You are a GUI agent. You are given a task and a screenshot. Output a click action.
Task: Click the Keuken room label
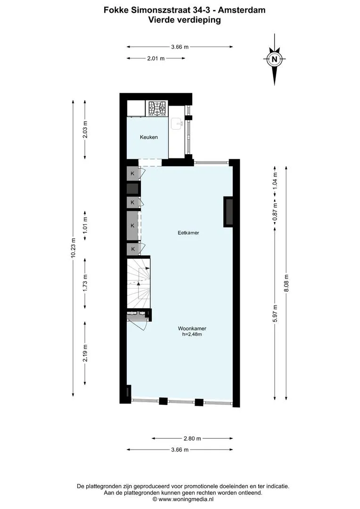pyautogui.click(x=149, y=137)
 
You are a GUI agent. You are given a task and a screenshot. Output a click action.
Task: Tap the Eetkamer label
pyautogui.click(x=188, y=232)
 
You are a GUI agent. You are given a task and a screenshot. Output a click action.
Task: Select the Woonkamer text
pyautogui.click(x=192, y=328)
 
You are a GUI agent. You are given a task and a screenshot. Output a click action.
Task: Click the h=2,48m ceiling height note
pyautogui.click(x=192, y=334)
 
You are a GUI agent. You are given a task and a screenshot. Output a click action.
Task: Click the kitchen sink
pyautogui.click(x=177, y=123)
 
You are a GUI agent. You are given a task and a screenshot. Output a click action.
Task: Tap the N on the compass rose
pyautogui.click(x=275, y=59)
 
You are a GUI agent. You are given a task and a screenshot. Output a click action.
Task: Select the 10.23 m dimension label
pyautogui.click(x=73, y=248)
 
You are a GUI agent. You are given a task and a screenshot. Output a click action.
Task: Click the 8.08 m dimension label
pyautogui.click(x=286, y=283)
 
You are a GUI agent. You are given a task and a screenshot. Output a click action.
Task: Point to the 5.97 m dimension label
pyautogui.click(x=275, y=313)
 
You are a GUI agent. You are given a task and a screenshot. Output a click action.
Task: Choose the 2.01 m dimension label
pyautogui.click(x=156, y=58)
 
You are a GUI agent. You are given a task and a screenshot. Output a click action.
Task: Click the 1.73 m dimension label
pyautogui.click(x=85, y=283)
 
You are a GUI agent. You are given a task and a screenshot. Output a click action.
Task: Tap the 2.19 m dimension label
pyautogui.click(x=85, y=353)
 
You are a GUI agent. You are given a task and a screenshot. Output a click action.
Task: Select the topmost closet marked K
pyautogui.click(x=132, y=173)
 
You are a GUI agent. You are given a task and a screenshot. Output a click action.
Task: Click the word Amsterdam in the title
pyautogui.click(x=242, y=10)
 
